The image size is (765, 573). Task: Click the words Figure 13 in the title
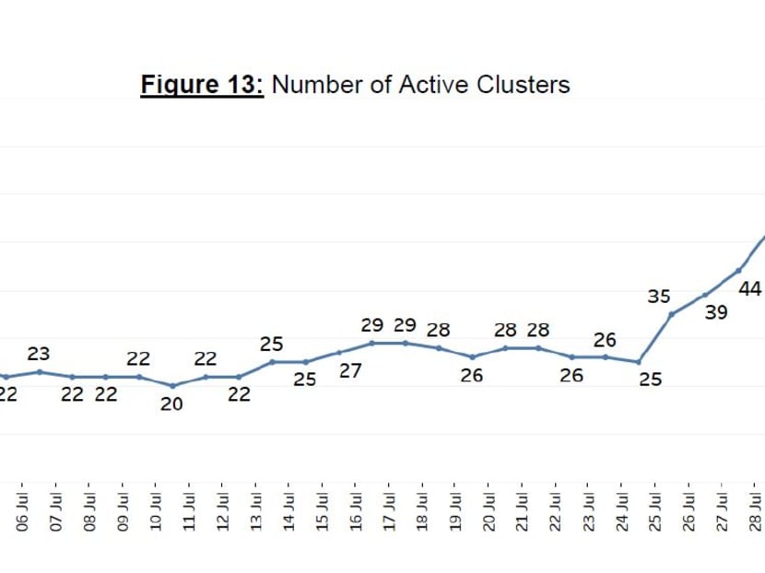pos(202,85)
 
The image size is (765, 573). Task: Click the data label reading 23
pos(39,354)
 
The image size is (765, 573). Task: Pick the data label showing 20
pos(171,403)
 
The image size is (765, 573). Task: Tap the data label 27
pos(349,371)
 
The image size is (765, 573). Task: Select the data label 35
pos(658,297)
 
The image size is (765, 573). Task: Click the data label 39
pos(716,313)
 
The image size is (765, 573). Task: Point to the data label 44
pos(749,289)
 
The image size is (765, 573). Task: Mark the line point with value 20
pos(172,386)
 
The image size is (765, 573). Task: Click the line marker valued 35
pos(672,314)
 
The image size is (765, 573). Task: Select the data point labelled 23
pos(40,372)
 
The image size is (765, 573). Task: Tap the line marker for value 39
pos(705,295)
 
